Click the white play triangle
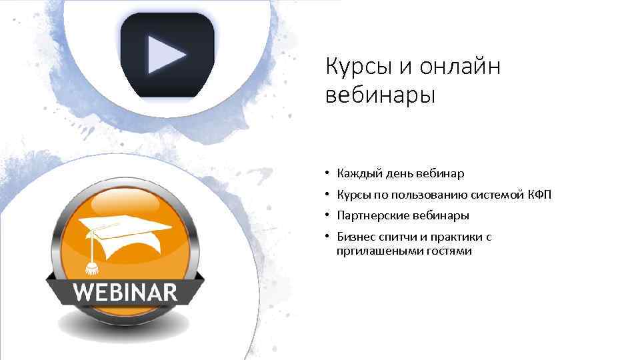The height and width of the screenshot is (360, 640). click(165, 54)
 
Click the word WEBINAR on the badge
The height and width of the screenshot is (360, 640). click(125, 292)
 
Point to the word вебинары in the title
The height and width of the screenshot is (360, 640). click(380, 95)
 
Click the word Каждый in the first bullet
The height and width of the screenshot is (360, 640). click(357, 174)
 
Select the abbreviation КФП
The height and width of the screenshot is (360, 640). click(539, 195)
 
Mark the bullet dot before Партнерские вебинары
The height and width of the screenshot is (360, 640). click(328, 216)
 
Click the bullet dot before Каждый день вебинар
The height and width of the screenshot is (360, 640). click(328, 174)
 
